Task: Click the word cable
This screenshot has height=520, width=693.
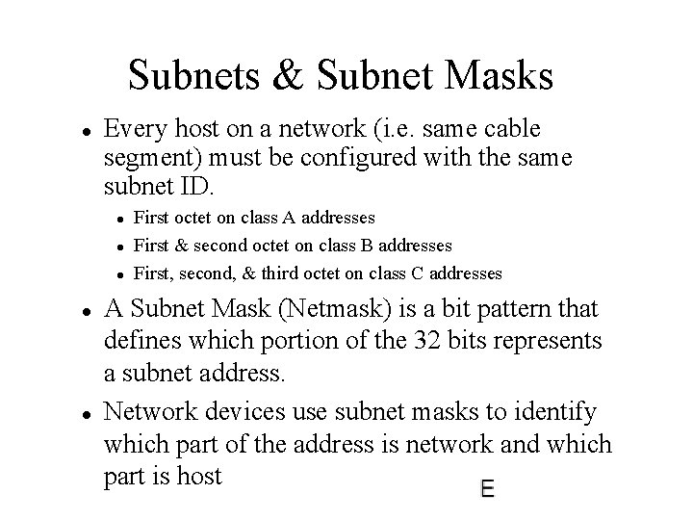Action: point(507,128)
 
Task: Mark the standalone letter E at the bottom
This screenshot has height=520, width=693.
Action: point(488,489)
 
